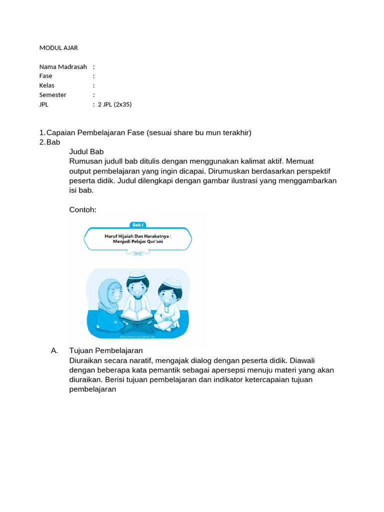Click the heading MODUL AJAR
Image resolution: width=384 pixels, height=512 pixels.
coord(58,48)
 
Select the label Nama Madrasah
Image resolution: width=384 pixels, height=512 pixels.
coord(63,66)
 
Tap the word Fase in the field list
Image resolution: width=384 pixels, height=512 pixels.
coord(46,76)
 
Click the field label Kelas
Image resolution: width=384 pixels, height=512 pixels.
coord(47,85)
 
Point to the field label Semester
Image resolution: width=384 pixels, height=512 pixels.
coord(53,95)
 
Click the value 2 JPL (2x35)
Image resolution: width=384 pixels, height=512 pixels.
coord(114,104)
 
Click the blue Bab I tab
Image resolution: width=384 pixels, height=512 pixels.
coord(137,225)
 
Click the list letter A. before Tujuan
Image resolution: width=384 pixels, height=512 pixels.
coord(55,350)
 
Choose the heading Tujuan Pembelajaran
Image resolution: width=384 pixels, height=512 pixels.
coord(106,350)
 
